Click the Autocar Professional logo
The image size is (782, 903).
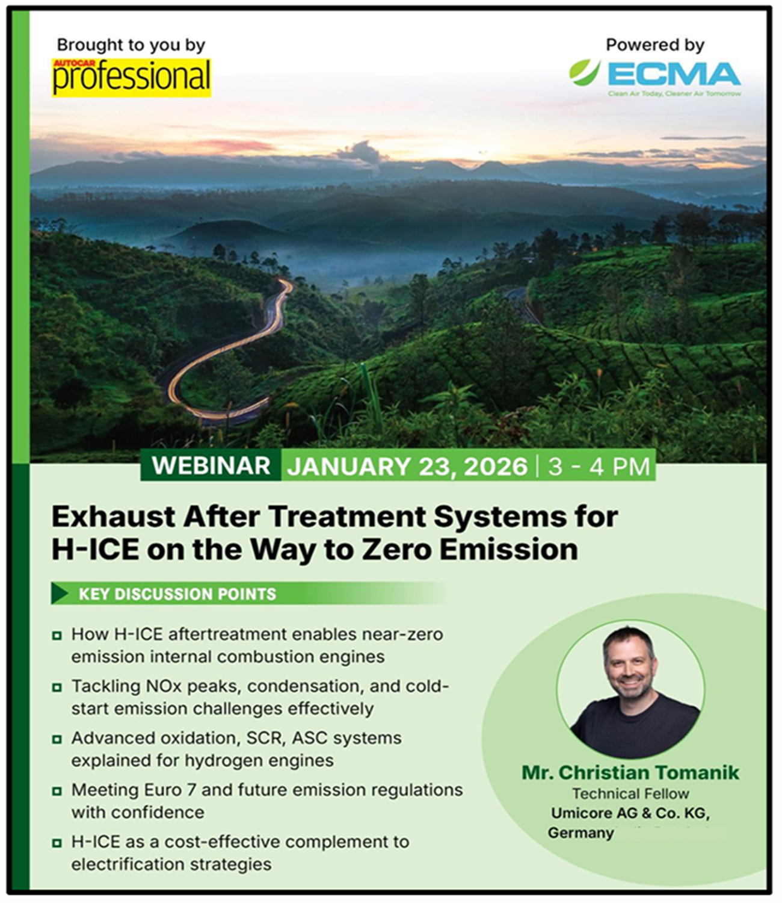(x=131, y=77)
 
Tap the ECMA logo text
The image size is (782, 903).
(x=674, y=75)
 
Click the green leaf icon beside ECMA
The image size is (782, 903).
(x=584, y=72)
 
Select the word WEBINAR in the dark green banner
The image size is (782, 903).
(x=211, y=466)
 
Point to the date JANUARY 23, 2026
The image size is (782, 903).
(x=407, y=467)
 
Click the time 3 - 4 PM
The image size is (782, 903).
(x=599, y=467)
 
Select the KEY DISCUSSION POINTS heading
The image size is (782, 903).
(x=177, y=594)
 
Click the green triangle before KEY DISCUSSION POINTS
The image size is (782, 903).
(x=59, y=594)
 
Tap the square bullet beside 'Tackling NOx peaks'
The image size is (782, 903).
(x=57, y=687)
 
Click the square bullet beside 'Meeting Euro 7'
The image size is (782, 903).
(x=57, y=791)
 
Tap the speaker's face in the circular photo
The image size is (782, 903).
(x=629, y=665)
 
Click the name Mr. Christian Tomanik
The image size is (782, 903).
(x=630, y=772)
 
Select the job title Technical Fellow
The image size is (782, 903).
(x=630, y=793)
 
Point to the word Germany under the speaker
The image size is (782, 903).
(x=580, y=833)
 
